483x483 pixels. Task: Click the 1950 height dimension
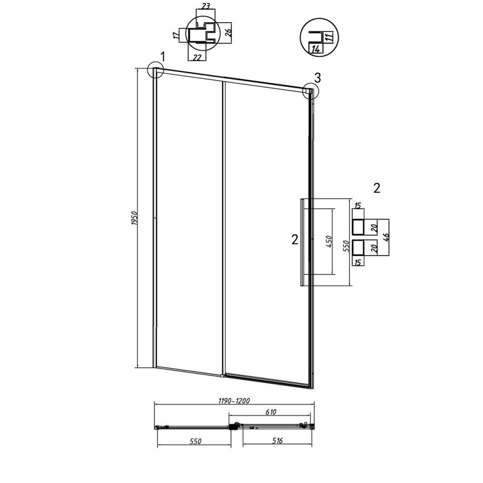[x=134, y=218]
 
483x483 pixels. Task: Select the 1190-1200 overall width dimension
[x=234, y=401]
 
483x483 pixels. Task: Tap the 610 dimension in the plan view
[x=270, y=412]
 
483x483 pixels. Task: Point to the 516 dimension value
[x=277, y=440]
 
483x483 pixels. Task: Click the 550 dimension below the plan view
[x=195, y=441]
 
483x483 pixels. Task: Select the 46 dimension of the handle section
[x=386, y=237]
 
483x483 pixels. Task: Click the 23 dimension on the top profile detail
[x=206, y=5]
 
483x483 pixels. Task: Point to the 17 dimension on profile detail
[x=176, y=35]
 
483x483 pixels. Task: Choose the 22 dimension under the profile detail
[x=197, y=57]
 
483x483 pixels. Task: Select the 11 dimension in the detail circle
[x=328, y=38]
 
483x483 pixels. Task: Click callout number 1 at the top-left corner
[x=162, y=57]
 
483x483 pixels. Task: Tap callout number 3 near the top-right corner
[x=317, y=78]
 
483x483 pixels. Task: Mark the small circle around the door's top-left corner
[x=156, y=70]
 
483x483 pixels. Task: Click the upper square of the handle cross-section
[x=358, y=227]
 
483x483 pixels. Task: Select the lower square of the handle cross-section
[x=358, y=248]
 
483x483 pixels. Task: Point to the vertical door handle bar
[x=302, y=243]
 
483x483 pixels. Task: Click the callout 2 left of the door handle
[x=295, y=240]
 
